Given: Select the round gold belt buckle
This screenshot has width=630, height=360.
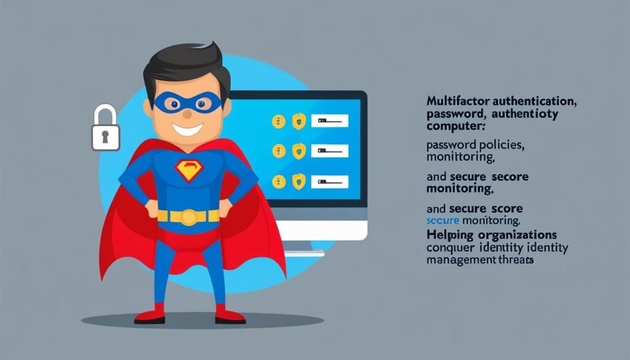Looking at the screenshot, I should (x=188, y=217).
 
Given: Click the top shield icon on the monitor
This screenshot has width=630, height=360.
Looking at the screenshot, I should (x=298, y=121).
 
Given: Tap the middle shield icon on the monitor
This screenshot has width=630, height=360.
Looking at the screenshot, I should (x=298, y=151).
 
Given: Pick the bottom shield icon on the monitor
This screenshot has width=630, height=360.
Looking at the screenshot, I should (x=298, y=181).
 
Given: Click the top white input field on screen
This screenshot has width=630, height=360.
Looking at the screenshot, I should (x=329, y=121).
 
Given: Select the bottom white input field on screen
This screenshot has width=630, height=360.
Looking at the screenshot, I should (x=329, y=181).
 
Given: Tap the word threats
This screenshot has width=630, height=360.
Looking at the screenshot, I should (x=516, y=260).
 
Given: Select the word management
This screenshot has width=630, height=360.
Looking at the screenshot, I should (x=460, y=260).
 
